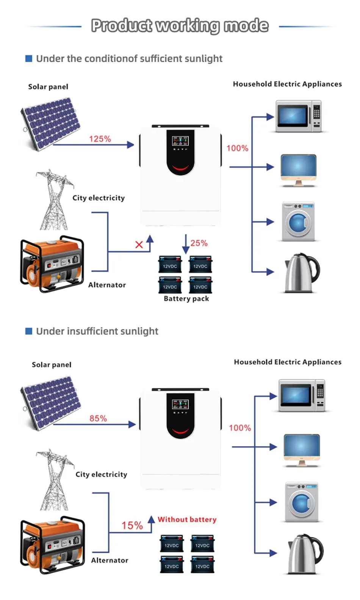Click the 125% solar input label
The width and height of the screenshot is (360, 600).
coord(100,139)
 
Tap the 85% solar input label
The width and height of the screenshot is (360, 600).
coord(98,418)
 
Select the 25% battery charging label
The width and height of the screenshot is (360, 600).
coord(199,243)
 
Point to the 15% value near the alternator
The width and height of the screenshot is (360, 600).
coord(132,525)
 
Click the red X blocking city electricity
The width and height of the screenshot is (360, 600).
coord(139,244)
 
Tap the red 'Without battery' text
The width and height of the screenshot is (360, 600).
coord(187,519)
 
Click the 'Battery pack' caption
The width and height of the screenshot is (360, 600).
coord(186,299)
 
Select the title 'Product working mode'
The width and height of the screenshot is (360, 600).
coord(180,25)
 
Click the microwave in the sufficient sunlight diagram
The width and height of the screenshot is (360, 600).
coord(299,116)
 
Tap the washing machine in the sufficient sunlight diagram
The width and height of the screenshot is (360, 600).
coord(299,222)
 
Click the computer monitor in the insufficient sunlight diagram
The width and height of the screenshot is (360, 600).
coord(302,450)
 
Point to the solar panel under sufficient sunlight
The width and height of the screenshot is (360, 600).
coord(51,124)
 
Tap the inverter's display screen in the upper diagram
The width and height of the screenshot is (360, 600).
coord(180,141)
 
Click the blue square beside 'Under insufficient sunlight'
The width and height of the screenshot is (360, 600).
coord(28,331)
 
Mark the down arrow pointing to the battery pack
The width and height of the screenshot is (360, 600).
coord(186,244)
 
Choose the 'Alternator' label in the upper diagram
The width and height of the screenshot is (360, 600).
coord(107,285)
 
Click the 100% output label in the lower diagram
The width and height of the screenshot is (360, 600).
coord(240,428)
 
